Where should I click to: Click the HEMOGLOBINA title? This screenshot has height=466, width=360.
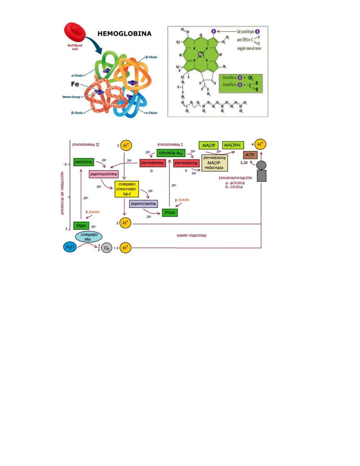[x=124, y=34]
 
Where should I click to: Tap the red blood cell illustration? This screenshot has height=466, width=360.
[x=75, y=33]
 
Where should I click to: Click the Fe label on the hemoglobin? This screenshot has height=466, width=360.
[x=75, y=84]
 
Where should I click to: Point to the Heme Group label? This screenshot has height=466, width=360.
[x=71, y=97]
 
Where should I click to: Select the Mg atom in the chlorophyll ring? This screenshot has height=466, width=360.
[x=201, y=54]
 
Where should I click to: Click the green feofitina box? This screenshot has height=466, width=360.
[x=83, y=162]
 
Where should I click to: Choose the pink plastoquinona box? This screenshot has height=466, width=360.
[x=103, y=174]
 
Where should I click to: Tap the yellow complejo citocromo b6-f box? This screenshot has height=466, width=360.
[x=127, y=189]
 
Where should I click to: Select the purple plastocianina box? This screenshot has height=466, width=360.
[x=143, y=203]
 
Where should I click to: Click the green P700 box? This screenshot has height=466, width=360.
[x=170, y=212]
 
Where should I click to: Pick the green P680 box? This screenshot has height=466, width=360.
[x=81, y=226]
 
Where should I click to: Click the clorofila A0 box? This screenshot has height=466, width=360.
[x=171, y=153]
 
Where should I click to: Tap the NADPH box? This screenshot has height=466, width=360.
[x=232, y=145]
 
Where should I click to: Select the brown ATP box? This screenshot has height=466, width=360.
[x=250, y=155]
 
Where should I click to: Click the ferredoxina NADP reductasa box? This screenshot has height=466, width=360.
[x=214, y=163]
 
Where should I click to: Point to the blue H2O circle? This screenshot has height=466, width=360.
[x=70, y=247]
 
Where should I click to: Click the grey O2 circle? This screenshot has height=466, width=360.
[x=107, y=248]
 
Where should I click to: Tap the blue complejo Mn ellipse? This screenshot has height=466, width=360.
[x=89, y=237]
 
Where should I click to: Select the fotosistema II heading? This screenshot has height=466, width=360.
[x=86, y=145]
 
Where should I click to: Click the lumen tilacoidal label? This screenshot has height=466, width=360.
[x=191, y=236]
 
